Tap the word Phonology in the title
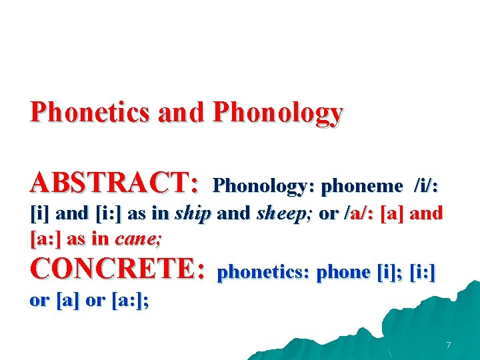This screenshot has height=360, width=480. (x=277, y=113)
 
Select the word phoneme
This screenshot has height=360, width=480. (x=362, y=185)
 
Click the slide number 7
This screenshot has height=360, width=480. (x=448, y=345)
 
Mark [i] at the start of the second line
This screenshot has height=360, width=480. (x=40, y=214)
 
